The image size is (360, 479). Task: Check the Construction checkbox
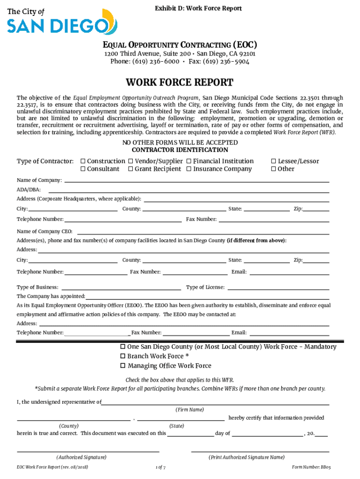[83, 161]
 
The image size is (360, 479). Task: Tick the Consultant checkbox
[83, 169]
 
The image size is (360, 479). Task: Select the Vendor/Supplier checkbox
[131, 161]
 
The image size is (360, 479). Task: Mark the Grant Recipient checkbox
[131, 169]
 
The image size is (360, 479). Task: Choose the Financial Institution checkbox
[189, 161]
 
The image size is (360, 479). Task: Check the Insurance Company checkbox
[189, 169]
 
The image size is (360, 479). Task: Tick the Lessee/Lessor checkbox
[274, 161]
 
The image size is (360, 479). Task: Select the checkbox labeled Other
[274, 169]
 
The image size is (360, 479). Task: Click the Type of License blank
[278, 287]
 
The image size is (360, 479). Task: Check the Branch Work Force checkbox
[123, 356]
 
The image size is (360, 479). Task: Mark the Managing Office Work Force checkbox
[123, 366]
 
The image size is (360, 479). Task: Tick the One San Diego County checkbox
[123, 347]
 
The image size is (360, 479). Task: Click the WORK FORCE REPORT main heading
[180, 83]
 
